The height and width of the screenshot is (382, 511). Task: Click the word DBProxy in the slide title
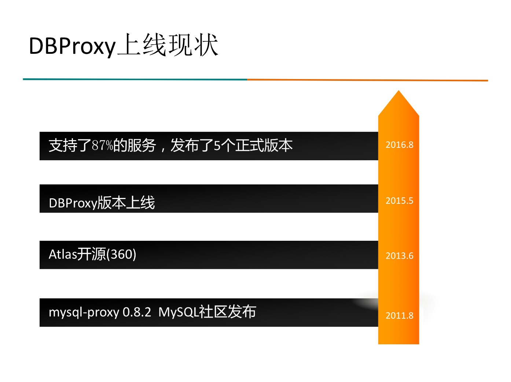[x=72, y=46]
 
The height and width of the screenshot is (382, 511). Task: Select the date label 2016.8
[x=399, y=145]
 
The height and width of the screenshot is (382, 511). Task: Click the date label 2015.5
[x=399, y=201]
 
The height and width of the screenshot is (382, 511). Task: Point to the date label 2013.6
[x=399, y=256]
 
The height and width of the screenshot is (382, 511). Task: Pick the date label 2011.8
[x=399, y=315]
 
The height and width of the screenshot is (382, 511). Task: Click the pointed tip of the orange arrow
[x=398, y=90]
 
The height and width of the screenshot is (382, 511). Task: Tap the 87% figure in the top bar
[x=102, y=146]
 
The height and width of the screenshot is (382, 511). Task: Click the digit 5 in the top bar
[x=217, y=146]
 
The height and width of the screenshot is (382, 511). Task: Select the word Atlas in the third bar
[x=63, y=254]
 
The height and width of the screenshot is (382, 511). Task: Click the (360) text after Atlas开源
[x=121, y=254]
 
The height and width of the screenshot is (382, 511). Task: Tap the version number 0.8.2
[x=137, y=312]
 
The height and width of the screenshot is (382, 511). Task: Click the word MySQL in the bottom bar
[x=178, y=312]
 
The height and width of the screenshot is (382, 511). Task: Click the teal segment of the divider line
[x=135, y=79]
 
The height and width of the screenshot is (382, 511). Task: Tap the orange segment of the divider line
[x=368, y=80]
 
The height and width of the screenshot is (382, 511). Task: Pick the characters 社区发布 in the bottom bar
[x=227, y=312]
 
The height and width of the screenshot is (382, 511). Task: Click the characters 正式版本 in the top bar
[x=264, y=146]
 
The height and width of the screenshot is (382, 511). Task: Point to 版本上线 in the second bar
[x=126, y=203]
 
